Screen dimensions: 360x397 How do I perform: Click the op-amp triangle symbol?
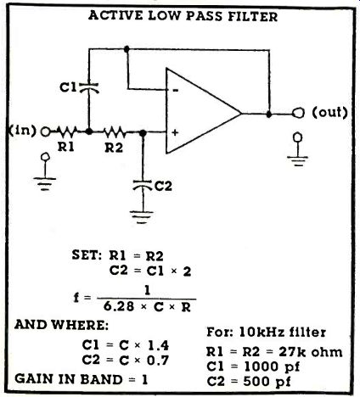[x=203, y=111]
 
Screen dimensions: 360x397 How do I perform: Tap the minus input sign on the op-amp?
[x=176, y=91]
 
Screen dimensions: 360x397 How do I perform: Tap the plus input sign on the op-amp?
[x=175, y=132]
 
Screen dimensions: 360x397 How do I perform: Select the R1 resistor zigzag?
[x=67, y=131]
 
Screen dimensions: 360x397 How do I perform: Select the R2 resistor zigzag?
[x=113, y=131]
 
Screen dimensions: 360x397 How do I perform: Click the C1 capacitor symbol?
[x=89, y=87]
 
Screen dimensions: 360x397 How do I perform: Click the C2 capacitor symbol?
[x=143, y=185]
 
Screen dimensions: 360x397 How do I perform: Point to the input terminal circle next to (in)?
[x=45, y=131]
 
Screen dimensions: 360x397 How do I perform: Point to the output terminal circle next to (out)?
[x=298, y=113]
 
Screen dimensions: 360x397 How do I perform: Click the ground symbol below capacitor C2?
[x=142, y=216]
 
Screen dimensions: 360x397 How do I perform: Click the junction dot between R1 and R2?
[x=89, y=131]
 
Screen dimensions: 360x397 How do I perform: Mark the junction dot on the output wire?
[x=269, y=115]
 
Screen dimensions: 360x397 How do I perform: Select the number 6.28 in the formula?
[x=119, y=307]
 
